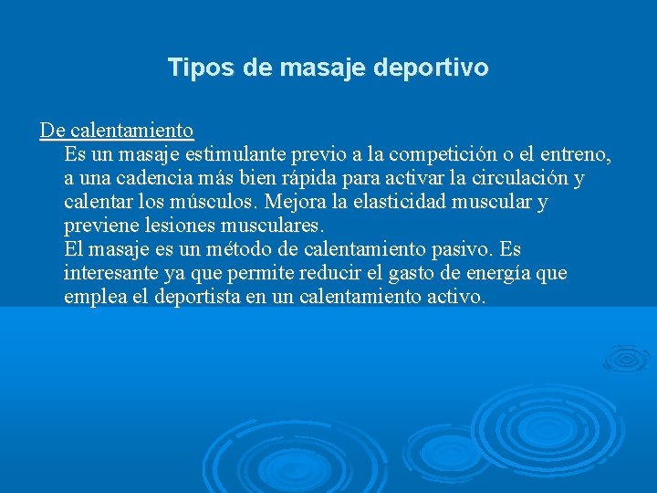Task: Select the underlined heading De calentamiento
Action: point(116,130)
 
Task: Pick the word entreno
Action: point(575,153)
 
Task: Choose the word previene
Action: point(99,225)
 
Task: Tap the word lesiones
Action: point(174,225)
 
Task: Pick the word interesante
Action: point(110,272)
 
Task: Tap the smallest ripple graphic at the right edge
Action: point(626,357)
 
